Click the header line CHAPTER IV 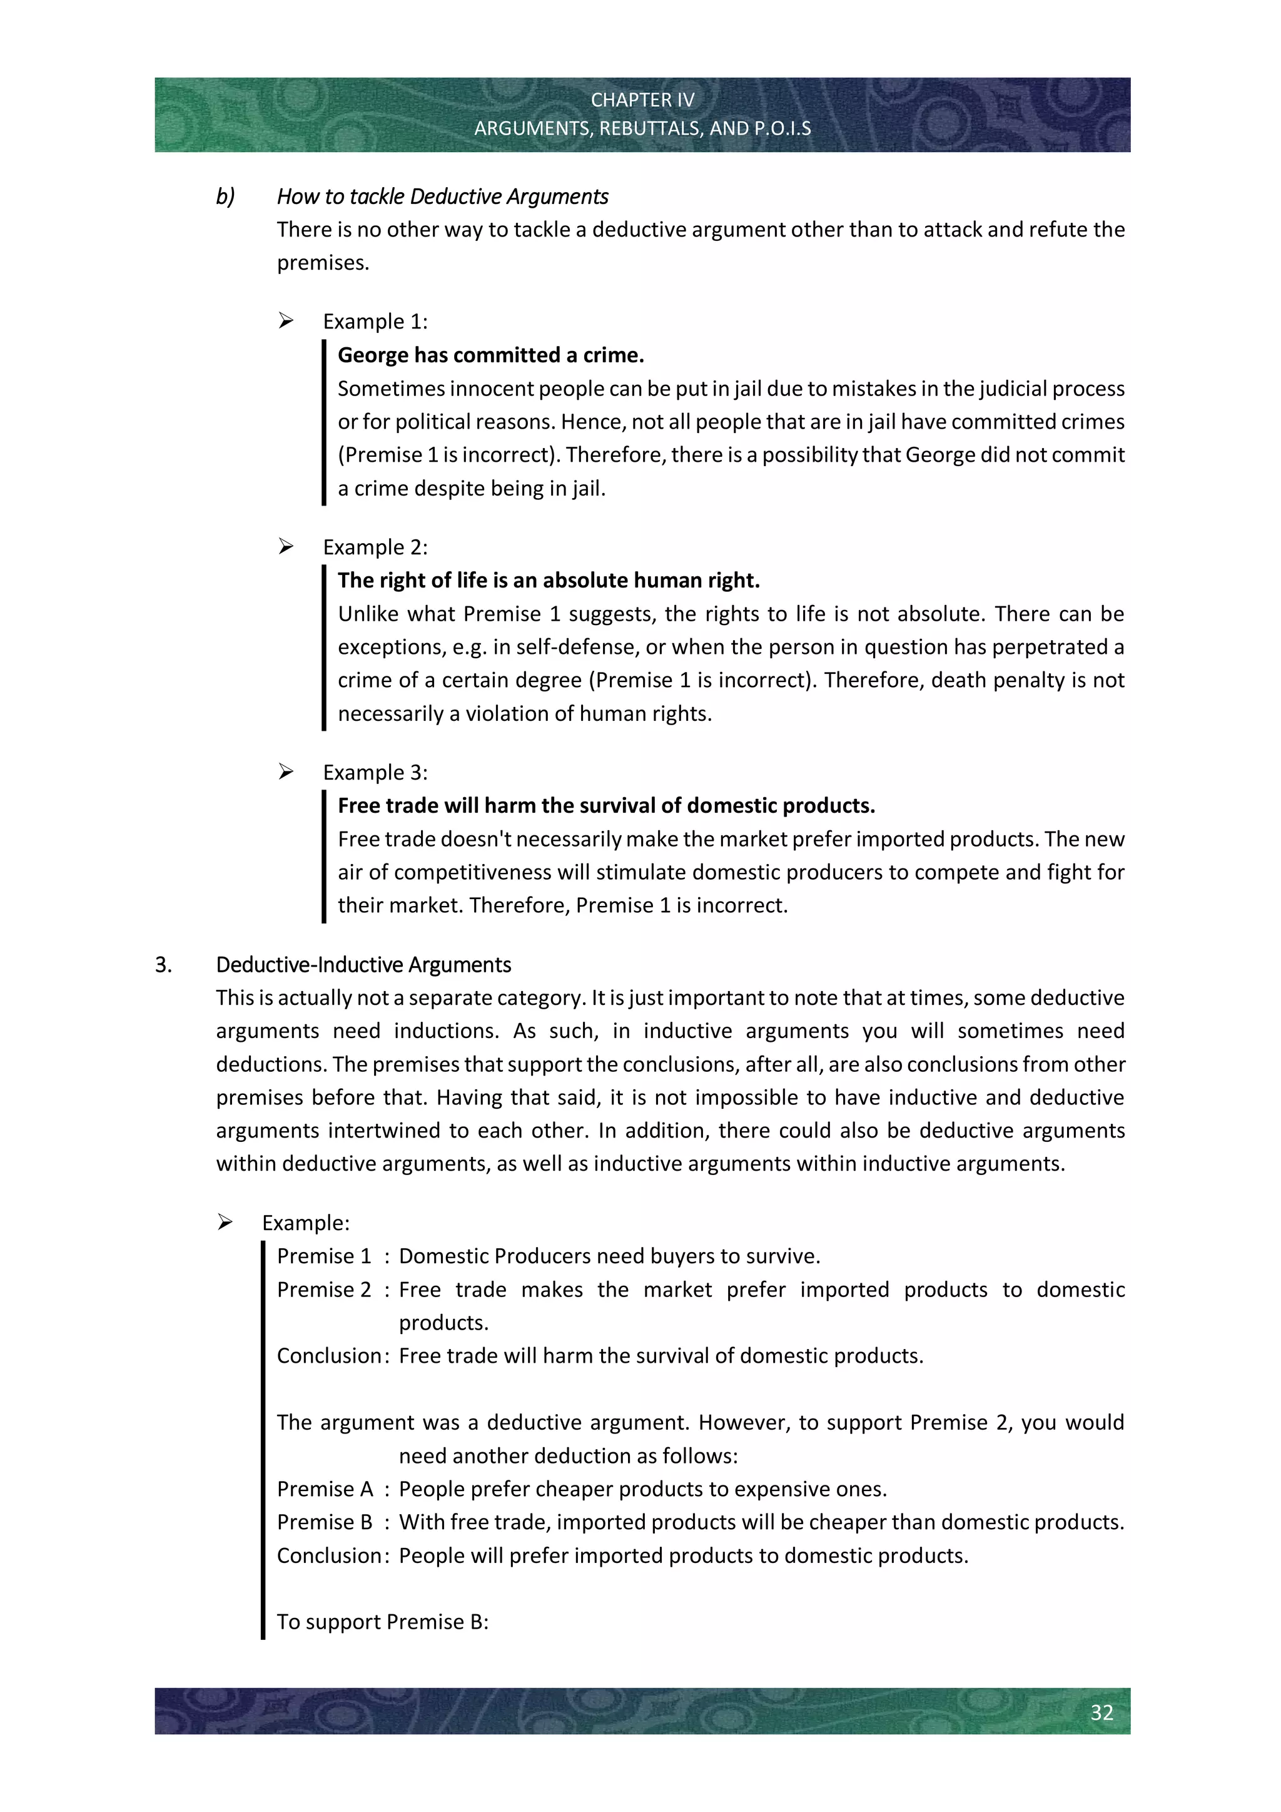click(642, 100)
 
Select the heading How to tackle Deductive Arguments click(442, 196)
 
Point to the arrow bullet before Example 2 click(286, 546)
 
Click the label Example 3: click(375, 772)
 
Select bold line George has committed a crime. click(490, 355)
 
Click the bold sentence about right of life click(548, 580)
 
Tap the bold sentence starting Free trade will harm click(606, 805)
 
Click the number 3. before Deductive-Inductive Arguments click(163, 964)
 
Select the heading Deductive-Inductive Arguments click(363, 964)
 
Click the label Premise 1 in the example click(323, 1256)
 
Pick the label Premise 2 click(323, 1289)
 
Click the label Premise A click(324, 1489)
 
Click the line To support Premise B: click(383, 1621)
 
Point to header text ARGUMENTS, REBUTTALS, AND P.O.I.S click(642, 129)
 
